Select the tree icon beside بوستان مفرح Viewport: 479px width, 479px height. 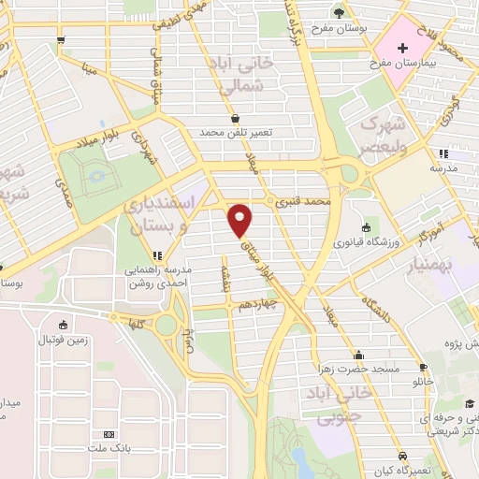[338, 11]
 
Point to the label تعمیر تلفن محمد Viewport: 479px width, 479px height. [235, 133]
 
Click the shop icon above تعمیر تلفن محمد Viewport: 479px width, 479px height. [235, 118]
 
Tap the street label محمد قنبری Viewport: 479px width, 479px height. [306, 201]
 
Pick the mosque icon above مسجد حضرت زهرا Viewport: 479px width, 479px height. [358, 355]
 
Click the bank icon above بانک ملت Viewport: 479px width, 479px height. [109, 434]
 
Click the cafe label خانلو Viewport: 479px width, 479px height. [423, 382]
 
